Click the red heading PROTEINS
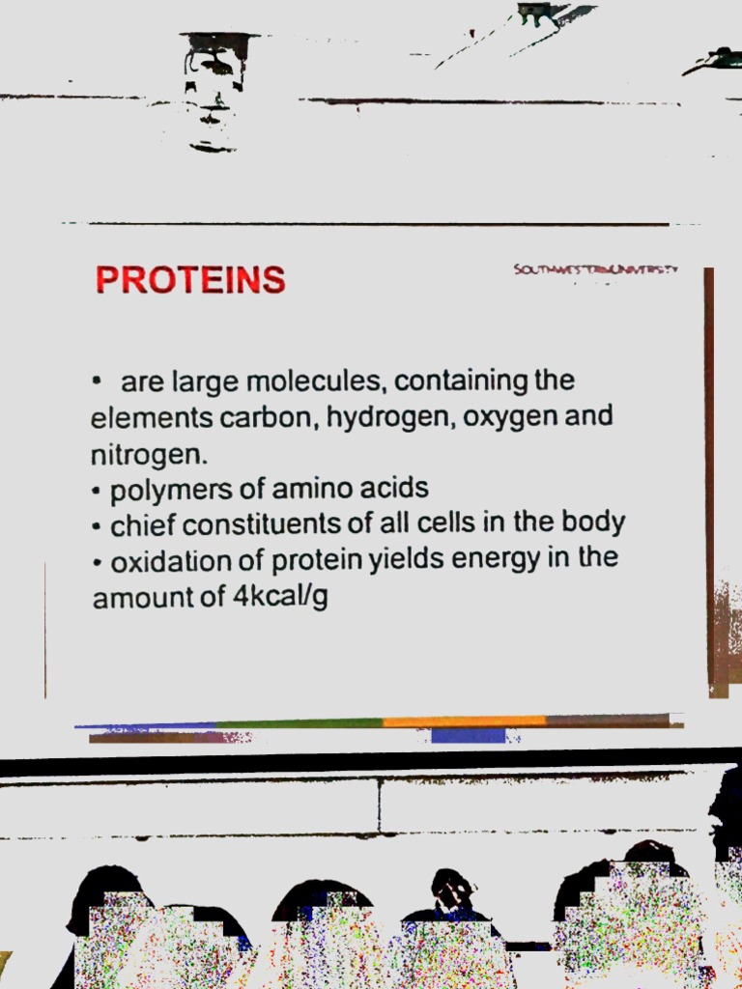190,280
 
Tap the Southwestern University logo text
596,270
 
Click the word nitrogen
147,454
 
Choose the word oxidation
171,561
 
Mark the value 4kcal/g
280,597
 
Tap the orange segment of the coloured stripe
464,721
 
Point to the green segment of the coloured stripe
300,722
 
